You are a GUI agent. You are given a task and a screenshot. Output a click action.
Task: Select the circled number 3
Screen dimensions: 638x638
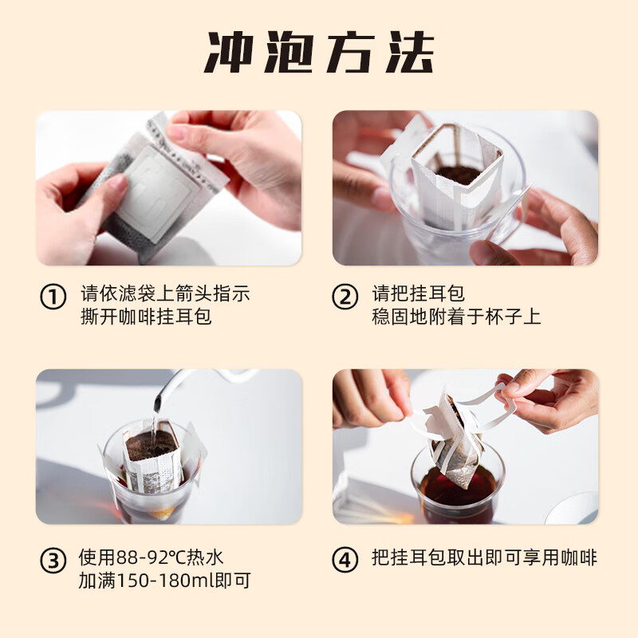(x=53, y=561)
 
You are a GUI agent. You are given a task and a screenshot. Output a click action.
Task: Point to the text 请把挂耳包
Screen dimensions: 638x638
(x=418, y=292)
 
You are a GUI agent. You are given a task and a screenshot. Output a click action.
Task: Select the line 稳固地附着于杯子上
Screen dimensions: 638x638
(x=456, y=316)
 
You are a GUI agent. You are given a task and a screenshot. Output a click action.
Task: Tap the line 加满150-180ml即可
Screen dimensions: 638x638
(x=165, y=581)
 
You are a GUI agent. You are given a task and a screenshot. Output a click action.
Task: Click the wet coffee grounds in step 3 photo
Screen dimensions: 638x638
(x=152, y=443)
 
